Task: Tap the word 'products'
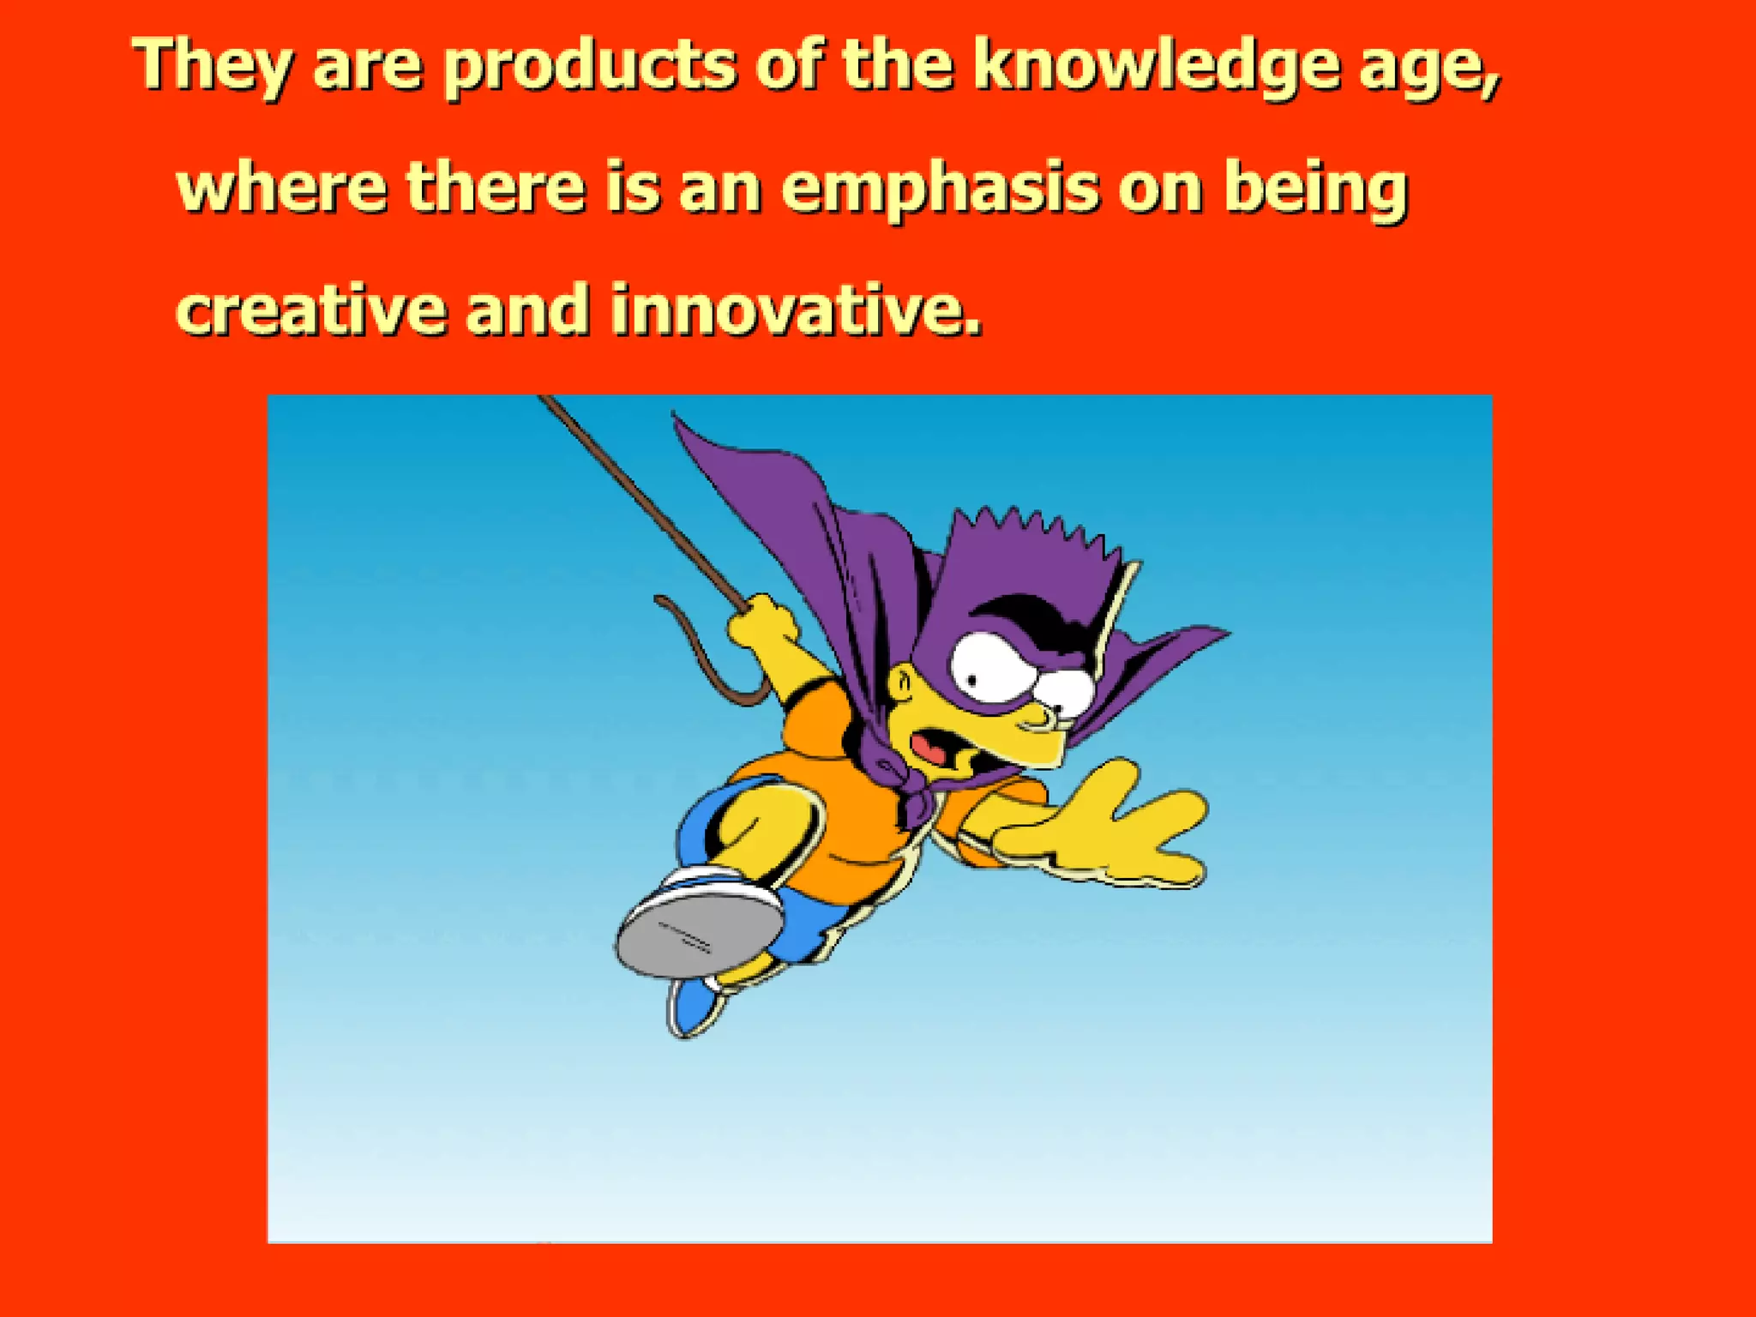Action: (590, 67)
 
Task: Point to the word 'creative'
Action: (310, 310)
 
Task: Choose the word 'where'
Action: (281, 189)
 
